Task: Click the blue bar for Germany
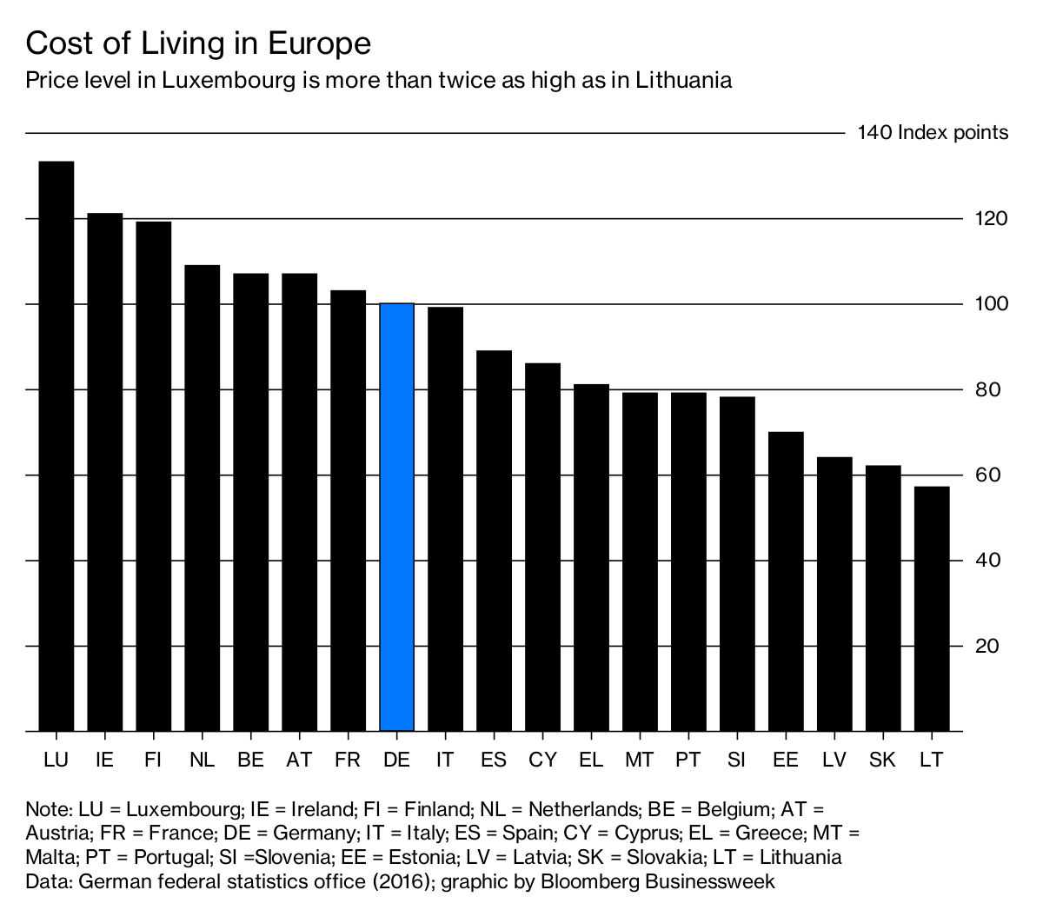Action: point(396,517)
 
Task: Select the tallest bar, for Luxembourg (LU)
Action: point(56,446)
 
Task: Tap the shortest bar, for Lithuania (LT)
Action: point(932,608)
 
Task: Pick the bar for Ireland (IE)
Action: point(104,472)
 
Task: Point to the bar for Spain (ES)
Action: point(494,541)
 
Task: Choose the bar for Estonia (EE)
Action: point(786,581)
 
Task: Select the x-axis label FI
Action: point(153,760)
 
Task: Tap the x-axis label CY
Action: point(542,760)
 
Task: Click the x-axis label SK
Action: point(882,760)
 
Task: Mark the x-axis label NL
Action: point(202,760)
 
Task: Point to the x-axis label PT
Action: point(688,760)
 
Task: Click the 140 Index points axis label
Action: point(932,133)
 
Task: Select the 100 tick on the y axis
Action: point(991,304)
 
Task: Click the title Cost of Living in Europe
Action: point(198,43)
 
